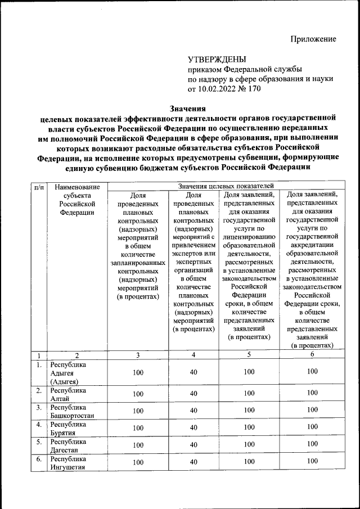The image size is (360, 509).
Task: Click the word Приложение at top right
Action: (x=313, y=39)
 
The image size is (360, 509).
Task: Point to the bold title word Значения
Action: (x=188, y=109)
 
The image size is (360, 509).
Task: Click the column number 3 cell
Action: (x=138, y=355)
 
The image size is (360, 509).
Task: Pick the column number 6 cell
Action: (x=312, y=355)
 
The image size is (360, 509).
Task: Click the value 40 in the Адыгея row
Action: (x=193, y=372)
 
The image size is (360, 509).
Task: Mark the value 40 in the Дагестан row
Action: (x=193, y=445)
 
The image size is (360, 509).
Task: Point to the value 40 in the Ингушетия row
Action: (x=193, y=462)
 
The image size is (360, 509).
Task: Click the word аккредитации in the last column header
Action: (x=312, y=245)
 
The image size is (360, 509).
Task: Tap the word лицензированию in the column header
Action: (x=248, y=237)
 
